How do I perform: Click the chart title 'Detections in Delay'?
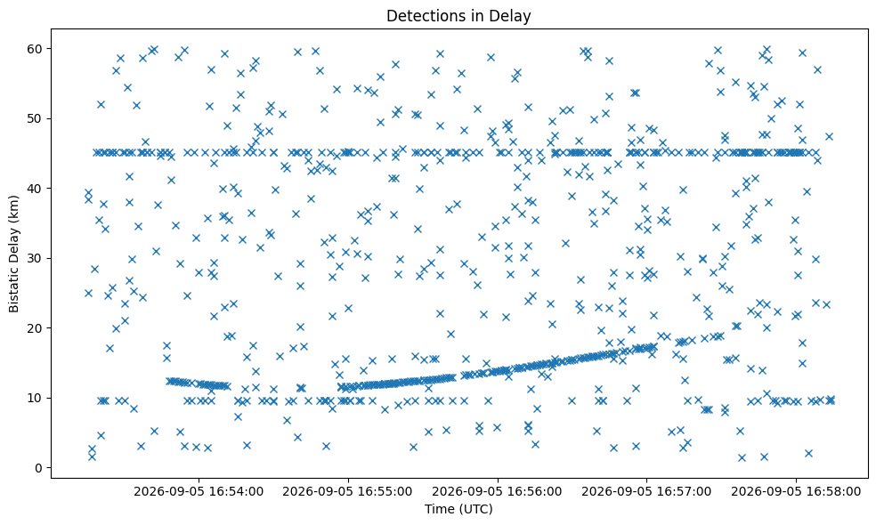[x=458, y=16]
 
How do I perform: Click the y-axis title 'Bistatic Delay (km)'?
[x=14, y=254]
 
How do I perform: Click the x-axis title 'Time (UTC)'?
[x=458, y=509]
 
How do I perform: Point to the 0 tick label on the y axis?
[x=38, y=468]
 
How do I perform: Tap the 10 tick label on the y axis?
[x=36, y=399]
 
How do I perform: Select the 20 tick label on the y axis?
[x=36, y=328]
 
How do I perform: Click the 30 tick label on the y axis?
[x=36, y=259]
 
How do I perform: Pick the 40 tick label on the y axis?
[x=36, y=189]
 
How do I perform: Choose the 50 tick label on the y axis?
[x=36, y=119]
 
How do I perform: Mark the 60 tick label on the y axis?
[x=36, y=49]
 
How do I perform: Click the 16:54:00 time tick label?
[x=199, y=491]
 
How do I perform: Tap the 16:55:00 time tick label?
[x=348, y=491]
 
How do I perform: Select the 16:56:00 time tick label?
[x=498, y=491]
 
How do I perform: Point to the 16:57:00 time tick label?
[x=647, y=491]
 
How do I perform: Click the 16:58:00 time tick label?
[x=796, y=491]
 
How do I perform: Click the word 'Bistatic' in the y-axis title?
[x=14, y=288]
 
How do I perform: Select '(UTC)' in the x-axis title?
[x=475, y=509]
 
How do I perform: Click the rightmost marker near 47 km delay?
[x=829, y=137]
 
